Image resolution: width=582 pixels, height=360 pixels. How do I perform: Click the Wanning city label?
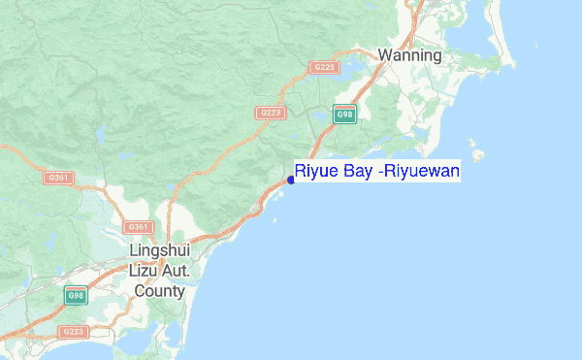[x=409, y=55]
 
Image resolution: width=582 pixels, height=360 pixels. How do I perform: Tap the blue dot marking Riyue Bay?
[x=291, y=180]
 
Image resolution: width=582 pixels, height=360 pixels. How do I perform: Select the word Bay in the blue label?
[x=354, y=173]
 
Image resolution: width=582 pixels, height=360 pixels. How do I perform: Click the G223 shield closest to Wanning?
[x=323, y=67]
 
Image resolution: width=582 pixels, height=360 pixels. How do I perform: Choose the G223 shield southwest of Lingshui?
[x=73, y=332]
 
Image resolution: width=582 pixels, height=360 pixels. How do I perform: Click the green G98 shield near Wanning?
[x=343, y=115]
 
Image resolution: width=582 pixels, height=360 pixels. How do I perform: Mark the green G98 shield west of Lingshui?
[x=74, y=295]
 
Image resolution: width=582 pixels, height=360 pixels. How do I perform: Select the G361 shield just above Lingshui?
[x=139, y=227]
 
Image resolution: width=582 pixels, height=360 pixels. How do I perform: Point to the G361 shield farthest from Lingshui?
[x=58, y=178]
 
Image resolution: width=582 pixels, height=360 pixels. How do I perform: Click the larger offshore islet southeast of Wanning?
[x=475, y=152]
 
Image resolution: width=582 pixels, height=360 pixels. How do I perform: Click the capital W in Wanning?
[x=385, y=55]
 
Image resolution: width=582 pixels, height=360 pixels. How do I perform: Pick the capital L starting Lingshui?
[x=133, y=250]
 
